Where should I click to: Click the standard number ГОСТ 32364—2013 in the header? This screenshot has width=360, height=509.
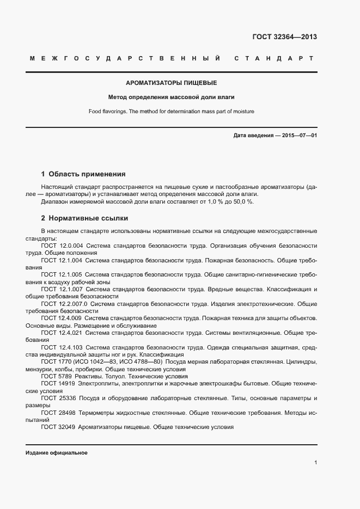284,37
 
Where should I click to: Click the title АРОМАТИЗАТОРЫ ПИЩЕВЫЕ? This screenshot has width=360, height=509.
172,83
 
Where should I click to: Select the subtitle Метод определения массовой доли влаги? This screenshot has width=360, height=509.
172,97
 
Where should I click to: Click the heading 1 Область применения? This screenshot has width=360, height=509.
83,174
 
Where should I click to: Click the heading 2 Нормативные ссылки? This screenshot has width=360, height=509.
84,218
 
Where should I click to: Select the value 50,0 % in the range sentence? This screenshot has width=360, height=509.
243,201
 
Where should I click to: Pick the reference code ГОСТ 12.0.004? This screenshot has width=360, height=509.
62,246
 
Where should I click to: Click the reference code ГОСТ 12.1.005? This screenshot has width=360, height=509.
62,275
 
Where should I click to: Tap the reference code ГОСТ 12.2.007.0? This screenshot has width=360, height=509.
64,303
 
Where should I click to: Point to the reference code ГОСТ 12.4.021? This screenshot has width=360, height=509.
62,332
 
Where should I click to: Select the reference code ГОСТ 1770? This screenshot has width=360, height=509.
54,361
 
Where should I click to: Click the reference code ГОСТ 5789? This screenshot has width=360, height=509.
54,376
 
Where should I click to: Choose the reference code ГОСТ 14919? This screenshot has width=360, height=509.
56,384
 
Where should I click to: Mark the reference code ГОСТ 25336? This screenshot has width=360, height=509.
56,398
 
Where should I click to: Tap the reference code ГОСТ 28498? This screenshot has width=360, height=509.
56,413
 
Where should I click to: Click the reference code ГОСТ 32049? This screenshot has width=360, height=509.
56,427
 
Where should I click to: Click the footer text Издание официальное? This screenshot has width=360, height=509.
57,452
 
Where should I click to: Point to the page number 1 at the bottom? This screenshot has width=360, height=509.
315,463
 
